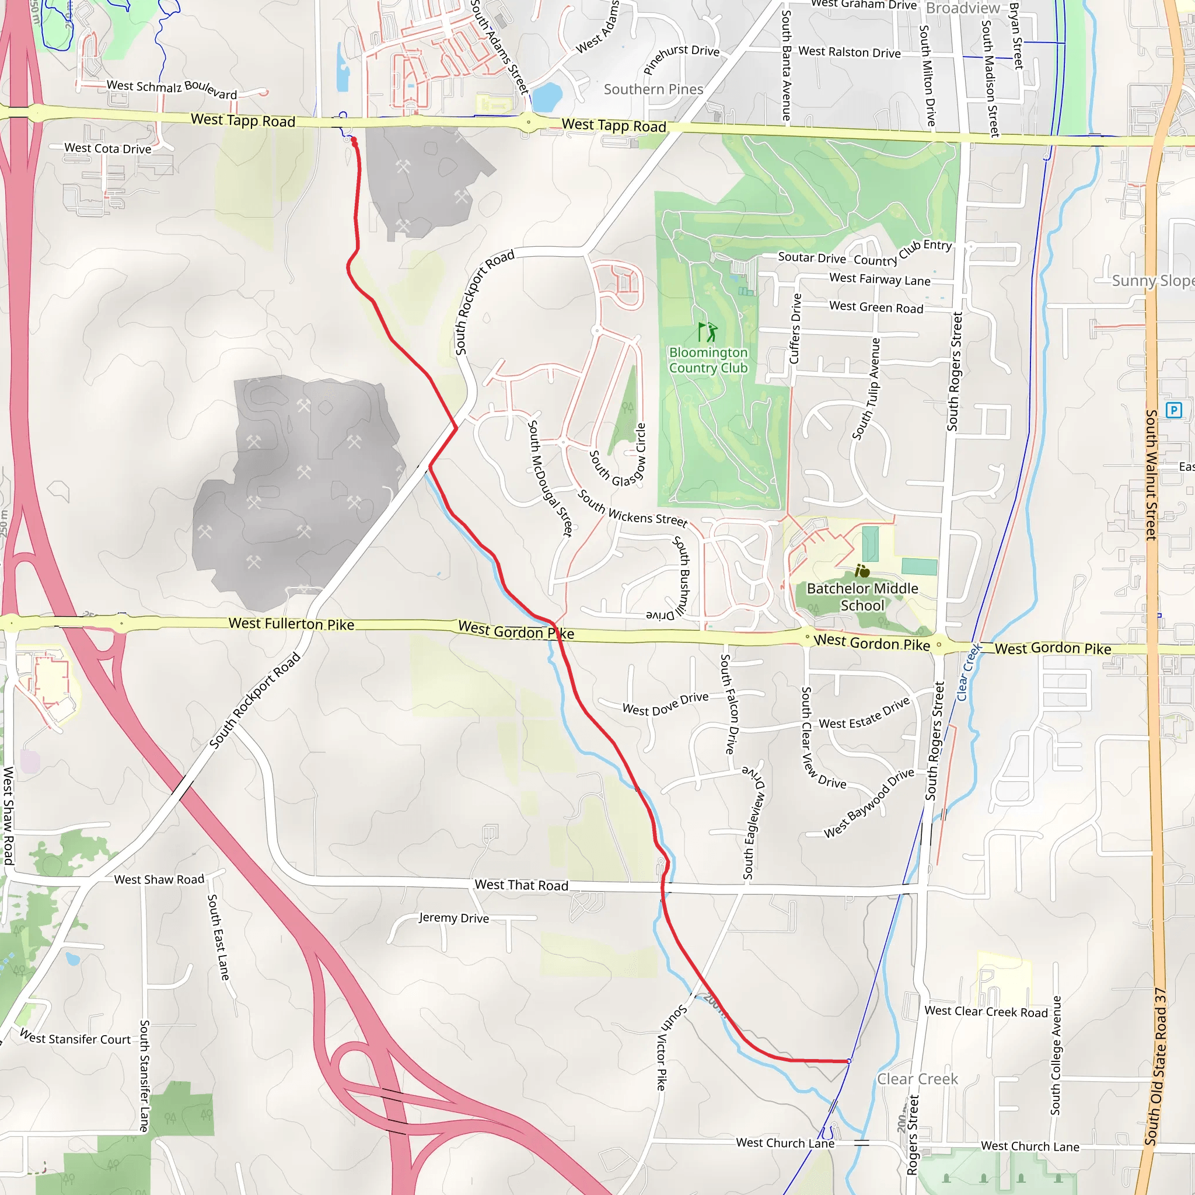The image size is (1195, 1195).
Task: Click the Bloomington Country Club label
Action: tap(708, 360)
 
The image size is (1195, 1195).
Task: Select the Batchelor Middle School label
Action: tap(862, 597)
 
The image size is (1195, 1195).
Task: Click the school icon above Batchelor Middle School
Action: tap(862, 571)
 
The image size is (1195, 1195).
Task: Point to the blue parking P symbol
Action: tap(1173, 410)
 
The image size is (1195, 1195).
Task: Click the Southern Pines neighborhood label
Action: tap(653, 90)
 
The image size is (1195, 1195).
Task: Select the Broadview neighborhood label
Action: tap(962, 8)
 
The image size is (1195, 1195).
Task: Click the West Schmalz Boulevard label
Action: tap(172, 89)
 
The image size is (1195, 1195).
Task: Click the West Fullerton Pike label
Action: tap(291, 624)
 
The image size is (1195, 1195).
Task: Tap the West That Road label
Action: tap(521, 885)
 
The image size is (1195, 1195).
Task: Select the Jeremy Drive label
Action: tap(453, 918)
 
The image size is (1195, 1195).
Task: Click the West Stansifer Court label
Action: tap(75, 1039)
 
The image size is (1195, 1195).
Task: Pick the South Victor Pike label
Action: tap(668, 1047)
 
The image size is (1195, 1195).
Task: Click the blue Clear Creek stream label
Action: tap(969, 672)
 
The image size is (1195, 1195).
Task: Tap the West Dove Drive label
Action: tap(666, 704)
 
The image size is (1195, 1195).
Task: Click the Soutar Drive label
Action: tap(812, 257)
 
